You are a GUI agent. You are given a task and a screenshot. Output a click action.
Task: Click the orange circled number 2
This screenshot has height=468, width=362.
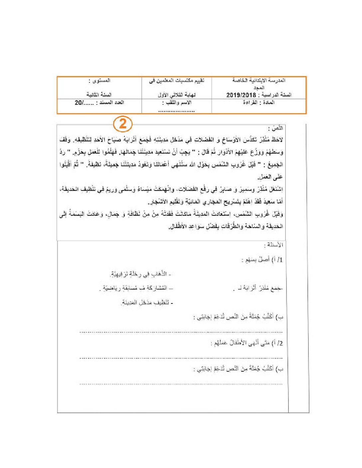123,124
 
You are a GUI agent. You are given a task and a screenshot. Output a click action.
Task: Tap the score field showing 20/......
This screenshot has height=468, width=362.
80,103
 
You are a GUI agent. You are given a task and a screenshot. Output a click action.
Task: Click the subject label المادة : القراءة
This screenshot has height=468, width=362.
259,103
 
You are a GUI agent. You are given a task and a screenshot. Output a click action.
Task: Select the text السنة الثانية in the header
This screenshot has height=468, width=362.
99,95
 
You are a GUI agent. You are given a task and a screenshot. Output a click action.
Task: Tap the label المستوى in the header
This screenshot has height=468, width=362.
100,80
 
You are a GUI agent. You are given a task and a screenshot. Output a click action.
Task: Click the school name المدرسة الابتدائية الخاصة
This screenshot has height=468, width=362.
259,80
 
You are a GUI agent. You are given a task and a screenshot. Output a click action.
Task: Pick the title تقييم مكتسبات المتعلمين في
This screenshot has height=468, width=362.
177,80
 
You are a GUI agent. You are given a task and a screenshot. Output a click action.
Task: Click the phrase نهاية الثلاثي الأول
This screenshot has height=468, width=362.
177,95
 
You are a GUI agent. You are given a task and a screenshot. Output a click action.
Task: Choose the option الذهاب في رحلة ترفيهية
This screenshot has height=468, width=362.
140,274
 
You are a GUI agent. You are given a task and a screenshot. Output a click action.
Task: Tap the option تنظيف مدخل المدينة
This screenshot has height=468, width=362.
147,302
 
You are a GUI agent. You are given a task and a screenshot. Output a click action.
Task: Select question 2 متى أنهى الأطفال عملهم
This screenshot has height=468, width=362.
247,343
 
